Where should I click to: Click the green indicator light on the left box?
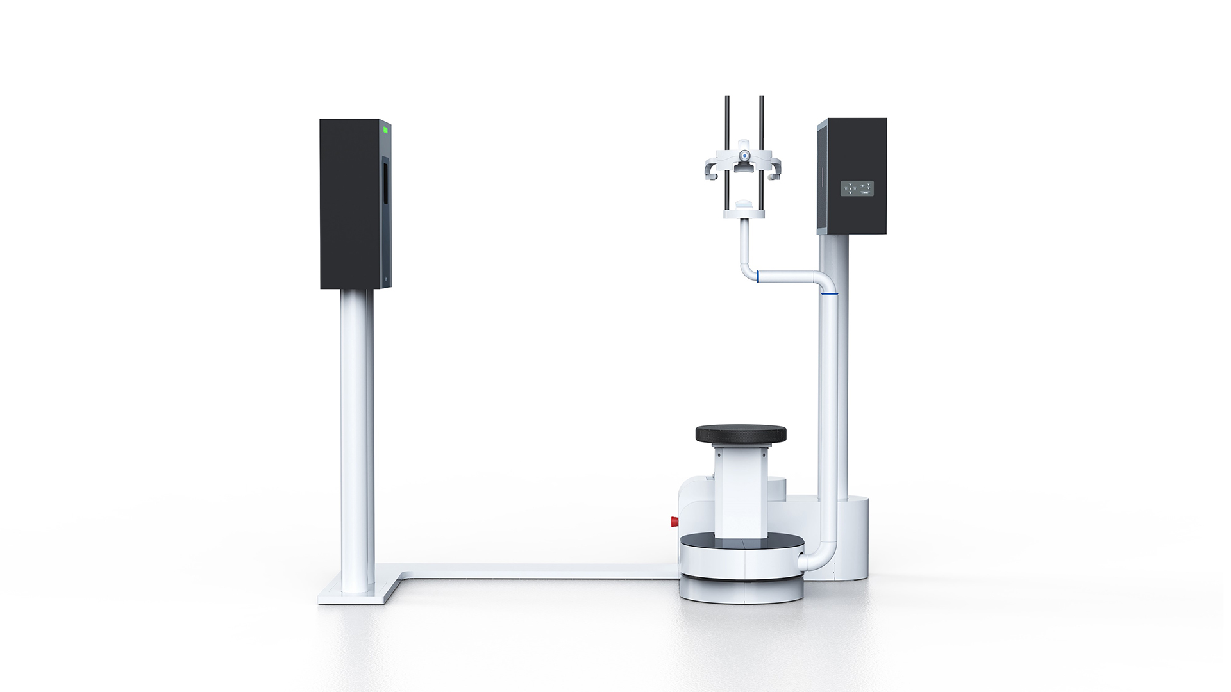[385, 129]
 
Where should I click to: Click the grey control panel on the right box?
[857, 188]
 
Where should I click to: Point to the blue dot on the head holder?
[744, 155]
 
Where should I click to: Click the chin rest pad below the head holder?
[744, 204]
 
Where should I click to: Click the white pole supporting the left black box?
[357, 436]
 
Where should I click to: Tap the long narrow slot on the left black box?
[385, 192]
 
